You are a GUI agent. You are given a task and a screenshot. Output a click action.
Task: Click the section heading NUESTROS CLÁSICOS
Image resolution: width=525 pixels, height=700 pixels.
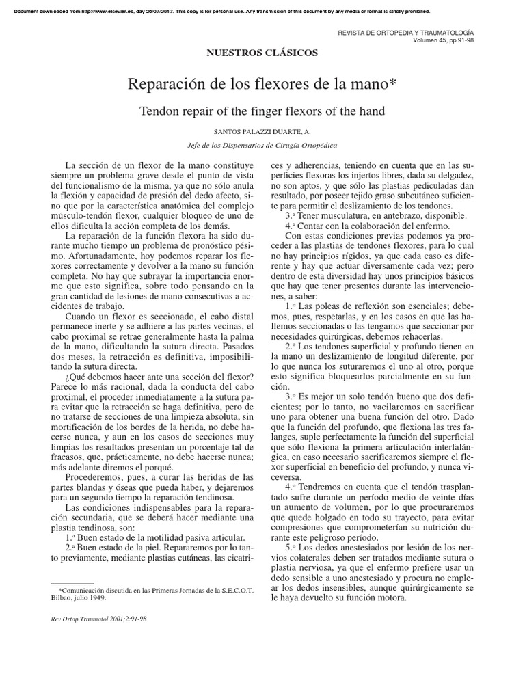[x=262, y=53]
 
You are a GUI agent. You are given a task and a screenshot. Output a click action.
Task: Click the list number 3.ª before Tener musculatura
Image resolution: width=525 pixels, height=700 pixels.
[x=290, y=216]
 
